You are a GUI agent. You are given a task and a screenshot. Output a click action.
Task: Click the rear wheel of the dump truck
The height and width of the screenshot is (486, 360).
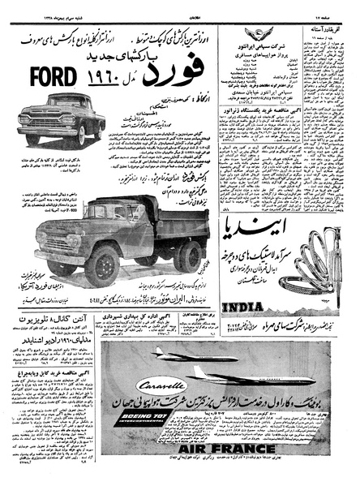click(188, 256)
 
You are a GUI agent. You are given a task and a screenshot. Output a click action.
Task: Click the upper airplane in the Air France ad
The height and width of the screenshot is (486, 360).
click(199, 355)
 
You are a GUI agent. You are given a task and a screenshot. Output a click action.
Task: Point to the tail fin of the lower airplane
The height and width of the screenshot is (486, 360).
click(199, 372)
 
